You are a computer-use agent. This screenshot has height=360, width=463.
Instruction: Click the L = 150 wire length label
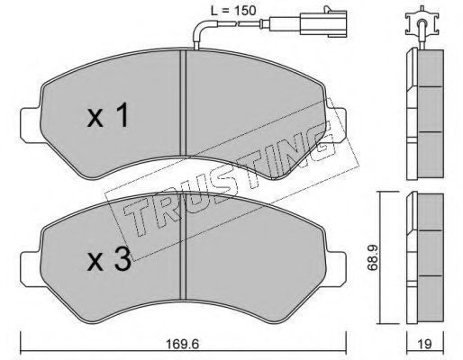(233, 11)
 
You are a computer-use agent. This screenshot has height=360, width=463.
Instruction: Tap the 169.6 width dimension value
(183, 344)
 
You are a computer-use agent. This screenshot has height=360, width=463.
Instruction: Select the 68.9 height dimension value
(373, 258)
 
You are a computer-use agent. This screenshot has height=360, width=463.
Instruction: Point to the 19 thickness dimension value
(424, 344)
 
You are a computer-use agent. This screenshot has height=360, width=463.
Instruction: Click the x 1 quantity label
(108, 115)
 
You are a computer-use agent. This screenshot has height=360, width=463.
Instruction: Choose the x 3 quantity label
(109, 259)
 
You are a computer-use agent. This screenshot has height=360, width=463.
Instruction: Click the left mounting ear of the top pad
(30, 125)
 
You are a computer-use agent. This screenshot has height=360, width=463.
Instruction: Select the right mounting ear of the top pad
(336, 125)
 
